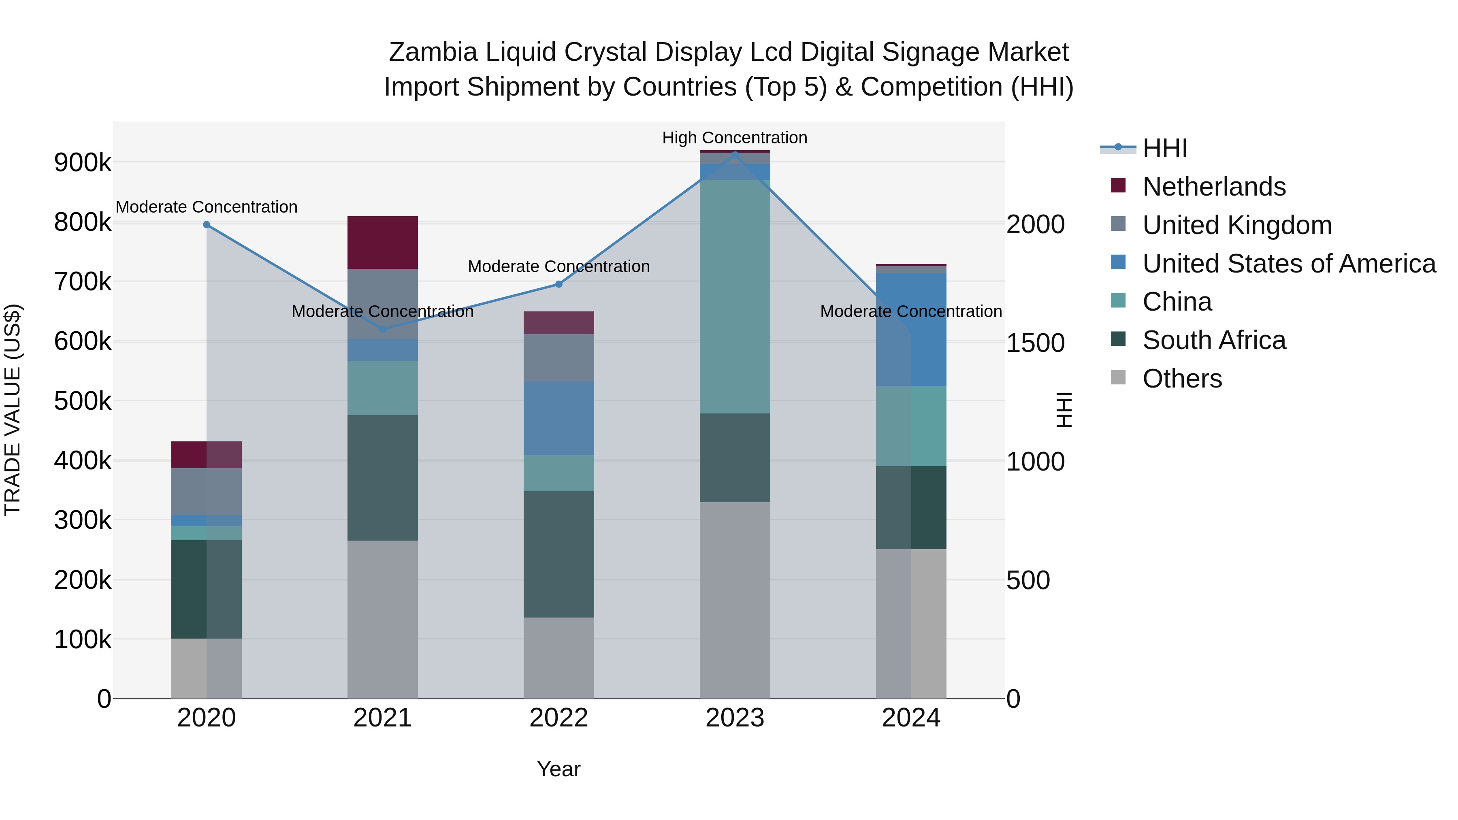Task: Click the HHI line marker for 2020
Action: pyautogui.click(x=207, y=225)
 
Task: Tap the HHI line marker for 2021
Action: pyautogui.click(x=383, y=329)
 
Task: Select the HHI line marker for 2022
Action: pyautogui.click(x=558, y=284)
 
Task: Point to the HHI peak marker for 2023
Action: pyautogui.click(x=735, y=155)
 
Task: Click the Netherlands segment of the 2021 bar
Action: pyautogui.click(x=383, y=242)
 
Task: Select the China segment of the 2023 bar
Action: pyautogui.click(x=735, y=296)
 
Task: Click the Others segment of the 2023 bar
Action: pyautogui.click(x=735, y=600)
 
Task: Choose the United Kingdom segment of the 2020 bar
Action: pyautogui.click(x=207, y=491)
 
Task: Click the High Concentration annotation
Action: pyautogui.click(x=735, y=138)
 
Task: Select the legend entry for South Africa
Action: pyautogui.click(x=1214, y=340)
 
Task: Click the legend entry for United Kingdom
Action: pyautogui.click(x=1237, y=225)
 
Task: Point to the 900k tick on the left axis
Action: pyautogui.click(x=83, y=163)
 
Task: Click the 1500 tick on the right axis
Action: pyautogui.click(x=1035, y=343)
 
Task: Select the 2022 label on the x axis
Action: pyautogui.click(x=558, y=718)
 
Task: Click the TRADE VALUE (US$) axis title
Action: pyautogui.click(x=13, y=410)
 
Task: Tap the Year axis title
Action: pyautogui.click(x=558, y=769)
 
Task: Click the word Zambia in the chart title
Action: pyautogui.click(x=433, y=52)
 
